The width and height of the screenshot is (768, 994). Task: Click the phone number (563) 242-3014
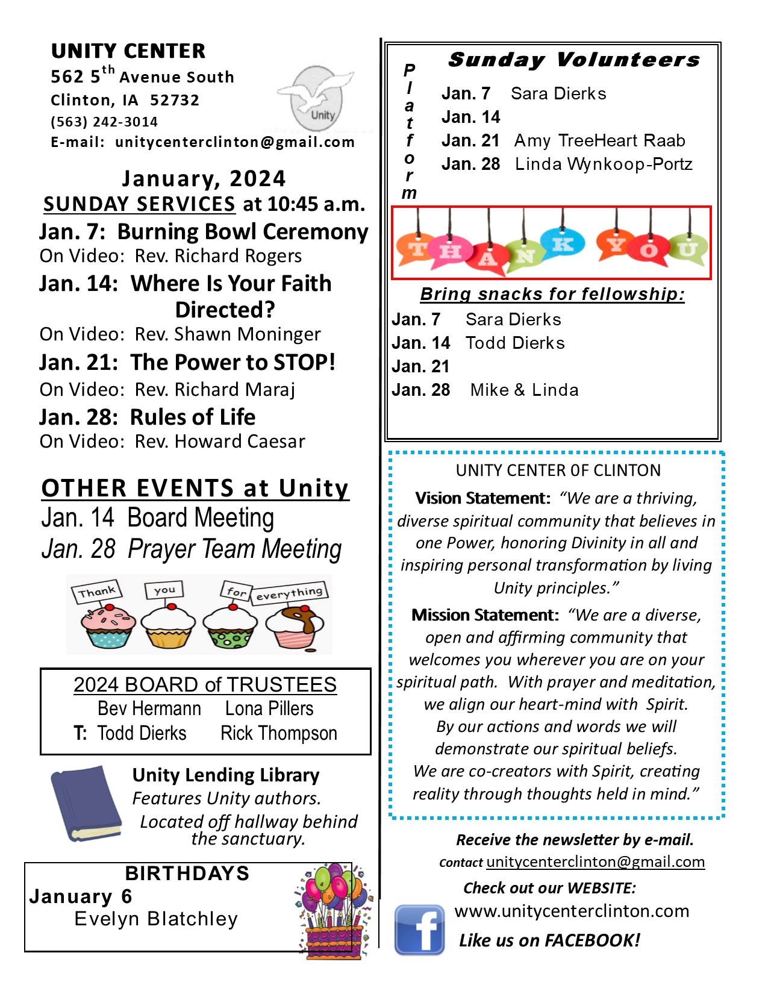pyautogui.click(x=104, y=122)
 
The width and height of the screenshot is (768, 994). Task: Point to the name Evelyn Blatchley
pyautogui.click(x=156, y=919)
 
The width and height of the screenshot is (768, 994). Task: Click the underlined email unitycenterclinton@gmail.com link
pyautogui.click(x=595, y=861)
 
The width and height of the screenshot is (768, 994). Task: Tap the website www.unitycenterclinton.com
pyautogui.click(x=572, y=911)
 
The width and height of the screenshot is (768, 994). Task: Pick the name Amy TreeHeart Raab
pyautogui.click(x=599, y=140)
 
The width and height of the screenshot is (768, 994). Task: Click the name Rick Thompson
pyautogui.click(x=279, y=733)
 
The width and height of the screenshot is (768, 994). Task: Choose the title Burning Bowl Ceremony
pyautogui.click(x=243, y=232)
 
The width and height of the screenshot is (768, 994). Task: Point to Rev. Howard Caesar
pyautogui.click(x=220, y=442)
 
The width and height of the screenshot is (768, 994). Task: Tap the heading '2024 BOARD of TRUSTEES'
pyautogui.click(x=205, y=685)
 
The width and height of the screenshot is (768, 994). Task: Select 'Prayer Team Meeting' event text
pyautogui.click(x=235, y=549)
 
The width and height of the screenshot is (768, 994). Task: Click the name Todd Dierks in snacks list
pyautogui.click(x=515, y=343)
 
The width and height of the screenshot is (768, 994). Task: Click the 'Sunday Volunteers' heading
pyautogui.click(x=574, y=60)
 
